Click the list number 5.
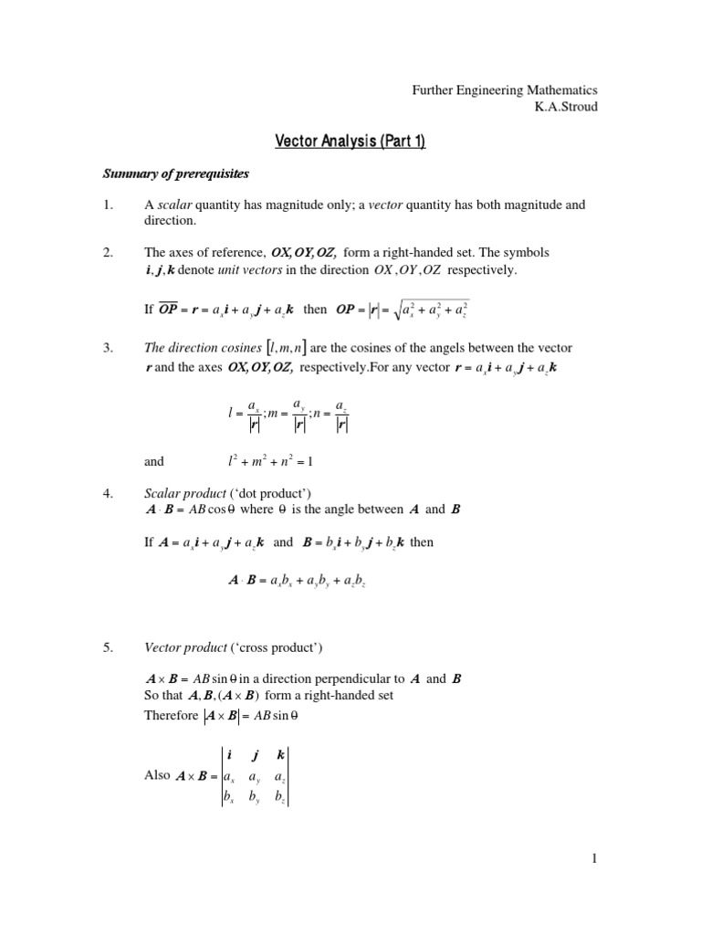click(106, 648)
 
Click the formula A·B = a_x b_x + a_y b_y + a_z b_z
click(297, 580)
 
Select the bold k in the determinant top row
click(280, 755)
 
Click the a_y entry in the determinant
click(254, 776)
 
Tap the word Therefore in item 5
click(171, 716)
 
